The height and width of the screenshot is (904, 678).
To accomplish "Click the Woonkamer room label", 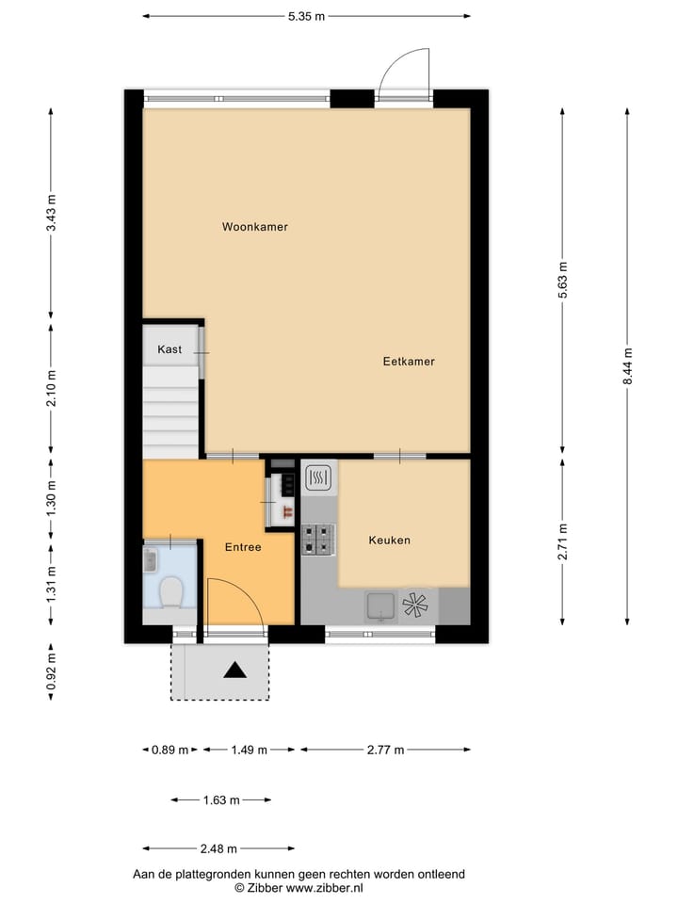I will pos(254,227).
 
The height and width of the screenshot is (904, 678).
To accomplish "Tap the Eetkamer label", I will pos(409,362).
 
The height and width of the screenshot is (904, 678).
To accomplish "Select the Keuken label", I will pos(389,541).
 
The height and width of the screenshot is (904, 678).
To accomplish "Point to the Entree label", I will pos(242,547).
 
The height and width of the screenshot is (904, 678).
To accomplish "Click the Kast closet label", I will pos(169,349).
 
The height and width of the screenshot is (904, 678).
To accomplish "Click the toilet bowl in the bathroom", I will pos(170,592).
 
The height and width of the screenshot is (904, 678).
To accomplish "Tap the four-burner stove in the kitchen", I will pos(318,540).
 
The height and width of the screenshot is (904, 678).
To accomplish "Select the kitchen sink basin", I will pos(380,606).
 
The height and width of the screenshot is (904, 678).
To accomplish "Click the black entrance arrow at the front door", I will pos(234,670).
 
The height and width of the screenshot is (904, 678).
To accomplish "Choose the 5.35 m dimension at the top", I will pos(306,16).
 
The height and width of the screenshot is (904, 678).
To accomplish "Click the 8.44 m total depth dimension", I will pos(628,365).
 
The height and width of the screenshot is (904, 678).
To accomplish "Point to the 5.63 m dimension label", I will pos(562,279).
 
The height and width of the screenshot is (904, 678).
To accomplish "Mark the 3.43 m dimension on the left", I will pos(51,213).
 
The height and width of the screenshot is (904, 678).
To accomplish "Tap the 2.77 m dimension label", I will pos(384,751).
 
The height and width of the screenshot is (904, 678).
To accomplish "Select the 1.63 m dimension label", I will pos(220,800).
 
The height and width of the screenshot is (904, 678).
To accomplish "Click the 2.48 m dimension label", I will pos(218,848).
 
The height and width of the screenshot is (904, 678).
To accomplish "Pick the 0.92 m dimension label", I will pos(51,672).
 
